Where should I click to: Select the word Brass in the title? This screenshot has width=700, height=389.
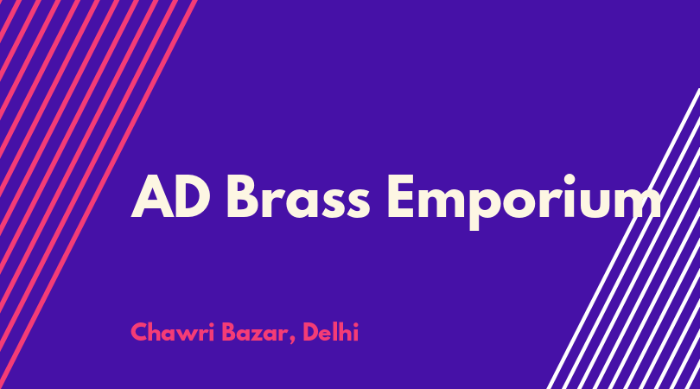[x=298, y=196]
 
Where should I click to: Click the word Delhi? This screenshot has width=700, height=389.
[x=331, y=331]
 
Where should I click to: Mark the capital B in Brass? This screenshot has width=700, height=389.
[x=245, y=196]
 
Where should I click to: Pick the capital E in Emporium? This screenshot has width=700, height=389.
[x=401, y=196]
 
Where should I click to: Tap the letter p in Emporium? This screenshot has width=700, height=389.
[x=487, y=207]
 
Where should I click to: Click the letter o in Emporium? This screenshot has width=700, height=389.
[x=527, y=202]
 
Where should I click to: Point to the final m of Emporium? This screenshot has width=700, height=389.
[x=636, y=202]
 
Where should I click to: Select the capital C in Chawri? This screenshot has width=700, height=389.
[x=140, y=332]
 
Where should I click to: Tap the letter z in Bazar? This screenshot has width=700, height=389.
[x=261, y=335]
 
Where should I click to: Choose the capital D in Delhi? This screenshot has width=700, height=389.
[x=312, y=332]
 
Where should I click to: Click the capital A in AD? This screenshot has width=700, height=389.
[x=153, y=196]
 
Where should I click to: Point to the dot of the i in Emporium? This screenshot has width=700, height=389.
[x=570, y=179]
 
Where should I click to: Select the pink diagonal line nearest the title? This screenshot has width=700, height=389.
[x=98, y=194]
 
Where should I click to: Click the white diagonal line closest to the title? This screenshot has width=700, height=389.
[x=623, y=239]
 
